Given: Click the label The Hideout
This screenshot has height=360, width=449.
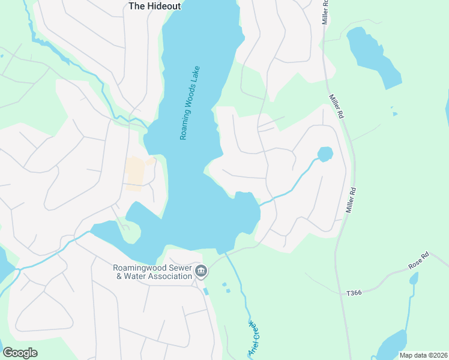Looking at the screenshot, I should click(x=154, y=5).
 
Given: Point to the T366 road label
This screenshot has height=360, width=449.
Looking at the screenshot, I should click(x=355, y=293).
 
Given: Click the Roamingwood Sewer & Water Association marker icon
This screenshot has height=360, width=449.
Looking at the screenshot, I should click(x=201, y=272).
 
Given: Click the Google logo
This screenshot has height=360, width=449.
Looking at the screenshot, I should click(x=20, y=353).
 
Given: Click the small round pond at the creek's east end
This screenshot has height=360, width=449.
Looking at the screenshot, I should click(x=325, y=154).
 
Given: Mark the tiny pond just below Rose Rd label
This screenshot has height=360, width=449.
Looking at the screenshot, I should click(x=414, y=279).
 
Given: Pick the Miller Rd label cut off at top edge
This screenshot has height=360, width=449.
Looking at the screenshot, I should click(x=325, y=11).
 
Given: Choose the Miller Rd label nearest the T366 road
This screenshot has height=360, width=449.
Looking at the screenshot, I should click(x=352, y=200).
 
